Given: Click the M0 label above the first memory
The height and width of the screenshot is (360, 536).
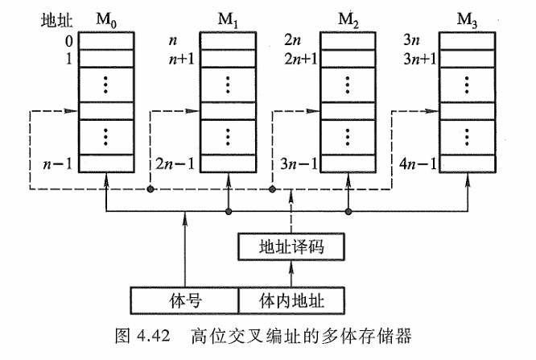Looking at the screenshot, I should tap(105, 18).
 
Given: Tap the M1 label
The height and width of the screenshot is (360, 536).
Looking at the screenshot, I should tap(227, 18).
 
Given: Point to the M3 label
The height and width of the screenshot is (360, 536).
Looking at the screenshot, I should tap(470, 18).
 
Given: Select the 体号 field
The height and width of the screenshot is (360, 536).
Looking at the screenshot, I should tap(184, 300).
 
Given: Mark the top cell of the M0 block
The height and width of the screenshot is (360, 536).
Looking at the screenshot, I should tap(104, 39).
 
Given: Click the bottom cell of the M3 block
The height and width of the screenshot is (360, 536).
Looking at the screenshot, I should tap(470, 163).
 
